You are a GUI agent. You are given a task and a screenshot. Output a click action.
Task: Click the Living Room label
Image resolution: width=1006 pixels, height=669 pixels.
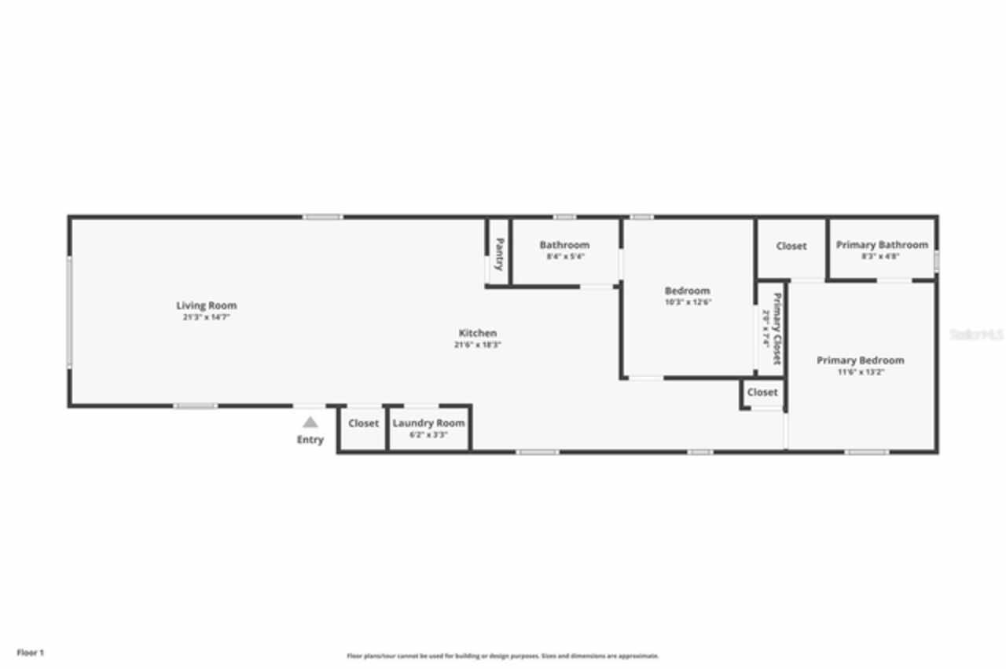[x=206, y=305]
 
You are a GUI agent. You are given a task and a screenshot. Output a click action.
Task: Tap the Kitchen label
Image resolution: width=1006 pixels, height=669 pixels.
[x=478, y=333]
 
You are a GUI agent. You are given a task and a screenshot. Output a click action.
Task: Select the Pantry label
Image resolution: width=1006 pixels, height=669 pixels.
[x=498, y=254]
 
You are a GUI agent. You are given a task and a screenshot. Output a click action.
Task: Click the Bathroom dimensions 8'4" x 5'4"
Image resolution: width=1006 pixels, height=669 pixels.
[x=565, y=257]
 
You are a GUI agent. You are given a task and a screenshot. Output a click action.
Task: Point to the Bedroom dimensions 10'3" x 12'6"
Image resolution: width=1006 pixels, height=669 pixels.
[x=688, y=302]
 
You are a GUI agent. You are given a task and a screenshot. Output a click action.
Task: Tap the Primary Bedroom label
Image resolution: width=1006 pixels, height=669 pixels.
[x=860, y=360]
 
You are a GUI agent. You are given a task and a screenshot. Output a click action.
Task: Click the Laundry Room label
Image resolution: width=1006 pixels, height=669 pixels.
[x=428, y=423]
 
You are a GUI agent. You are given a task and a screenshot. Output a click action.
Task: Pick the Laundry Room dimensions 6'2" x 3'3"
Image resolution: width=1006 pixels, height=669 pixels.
[x=428, y=434]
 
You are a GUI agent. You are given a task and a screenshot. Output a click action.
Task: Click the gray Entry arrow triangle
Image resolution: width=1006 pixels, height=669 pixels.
[x=310, y=422]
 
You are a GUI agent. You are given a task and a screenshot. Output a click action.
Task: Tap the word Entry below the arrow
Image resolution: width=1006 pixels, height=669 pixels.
[x=310, y=440]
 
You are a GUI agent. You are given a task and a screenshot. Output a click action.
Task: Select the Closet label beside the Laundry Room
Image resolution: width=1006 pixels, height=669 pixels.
[x=363, y=423]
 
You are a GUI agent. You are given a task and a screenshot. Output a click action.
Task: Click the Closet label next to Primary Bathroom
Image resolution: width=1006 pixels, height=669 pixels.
[x=791, y=246]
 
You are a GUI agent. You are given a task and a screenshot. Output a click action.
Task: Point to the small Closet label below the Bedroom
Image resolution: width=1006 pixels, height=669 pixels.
[x=762, y=392]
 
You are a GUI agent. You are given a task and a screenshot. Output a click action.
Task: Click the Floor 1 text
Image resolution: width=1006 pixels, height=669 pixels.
[x=31, y=653]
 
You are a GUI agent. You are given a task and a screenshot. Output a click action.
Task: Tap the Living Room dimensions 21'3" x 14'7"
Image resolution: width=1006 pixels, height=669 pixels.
[x=206, y=317]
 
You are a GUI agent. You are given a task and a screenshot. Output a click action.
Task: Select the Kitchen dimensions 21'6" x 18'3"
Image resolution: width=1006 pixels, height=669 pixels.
[x=478, y=345]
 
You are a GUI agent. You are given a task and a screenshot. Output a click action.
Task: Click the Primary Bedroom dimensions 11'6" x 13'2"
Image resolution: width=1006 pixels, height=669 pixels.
[x=860, y=372]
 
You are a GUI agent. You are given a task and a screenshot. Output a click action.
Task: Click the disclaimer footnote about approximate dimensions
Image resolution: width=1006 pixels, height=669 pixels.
[x=503, y=656]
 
